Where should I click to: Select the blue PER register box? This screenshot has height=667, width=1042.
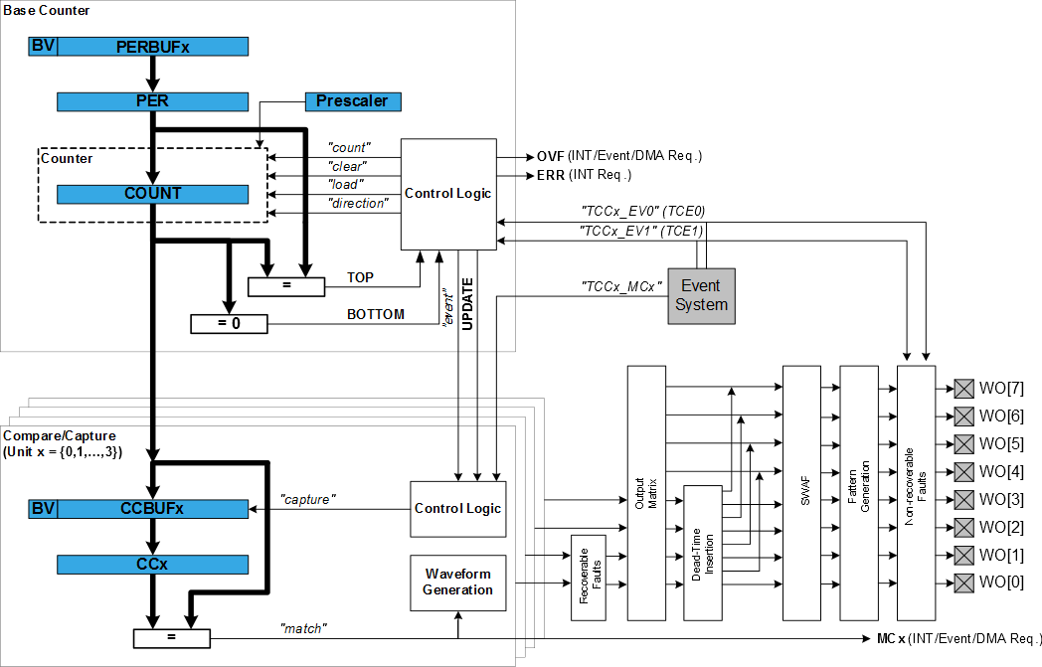152,101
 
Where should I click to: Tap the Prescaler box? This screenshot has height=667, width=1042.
352,101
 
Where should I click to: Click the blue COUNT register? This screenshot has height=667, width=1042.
152,193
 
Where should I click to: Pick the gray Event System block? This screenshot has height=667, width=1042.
701,295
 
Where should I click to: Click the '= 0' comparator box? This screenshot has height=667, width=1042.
229,323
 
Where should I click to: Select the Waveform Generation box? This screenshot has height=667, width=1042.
457,583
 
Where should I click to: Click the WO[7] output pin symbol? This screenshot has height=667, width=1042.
963,388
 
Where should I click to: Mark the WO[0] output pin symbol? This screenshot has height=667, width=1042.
963,582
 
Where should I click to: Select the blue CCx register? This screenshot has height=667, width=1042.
152,565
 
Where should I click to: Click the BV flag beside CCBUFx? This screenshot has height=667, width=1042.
43,509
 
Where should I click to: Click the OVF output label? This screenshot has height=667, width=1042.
550,156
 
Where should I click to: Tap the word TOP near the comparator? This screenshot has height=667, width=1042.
360,278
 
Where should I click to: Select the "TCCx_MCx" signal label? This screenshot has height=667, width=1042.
621,286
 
